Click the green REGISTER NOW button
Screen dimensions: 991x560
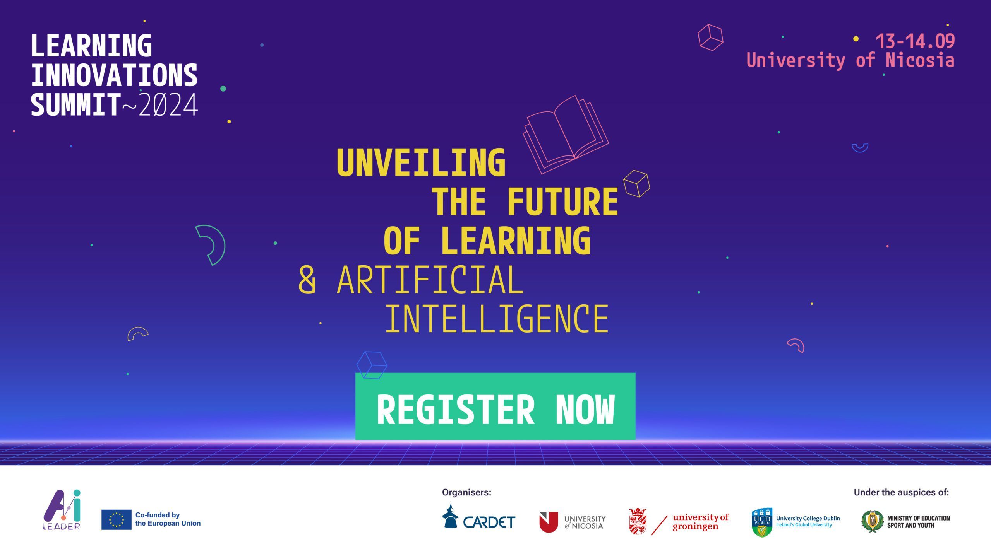[495, 406]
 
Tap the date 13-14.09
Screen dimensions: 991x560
[915, 41]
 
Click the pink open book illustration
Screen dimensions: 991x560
[566, 134]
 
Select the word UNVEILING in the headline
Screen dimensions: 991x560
[421, 162]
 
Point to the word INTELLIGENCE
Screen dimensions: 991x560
[497, 319]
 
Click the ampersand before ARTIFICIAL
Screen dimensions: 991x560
[307, 279]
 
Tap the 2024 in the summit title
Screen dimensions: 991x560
[168, 105]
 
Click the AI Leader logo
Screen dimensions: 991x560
[62, 510]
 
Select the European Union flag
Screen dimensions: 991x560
[116, 519]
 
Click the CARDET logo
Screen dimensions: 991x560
[479, 517]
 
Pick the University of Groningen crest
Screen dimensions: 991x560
[638, 521]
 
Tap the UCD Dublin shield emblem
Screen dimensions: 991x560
[762, 522]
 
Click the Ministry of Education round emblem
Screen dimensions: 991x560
[873, 521]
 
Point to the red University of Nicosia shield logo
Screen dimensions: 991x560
[549, 522]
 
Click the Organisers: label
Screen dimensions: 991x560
[466, 492]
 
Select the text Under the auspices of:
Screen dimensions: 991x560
[901, 492]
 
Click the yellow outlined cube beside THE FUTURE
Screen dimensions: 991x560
[636, 183]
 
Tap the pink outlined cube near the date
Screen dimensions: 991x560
[710, 38]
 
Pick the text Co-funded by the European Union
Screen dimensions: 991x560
[168, 519]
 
